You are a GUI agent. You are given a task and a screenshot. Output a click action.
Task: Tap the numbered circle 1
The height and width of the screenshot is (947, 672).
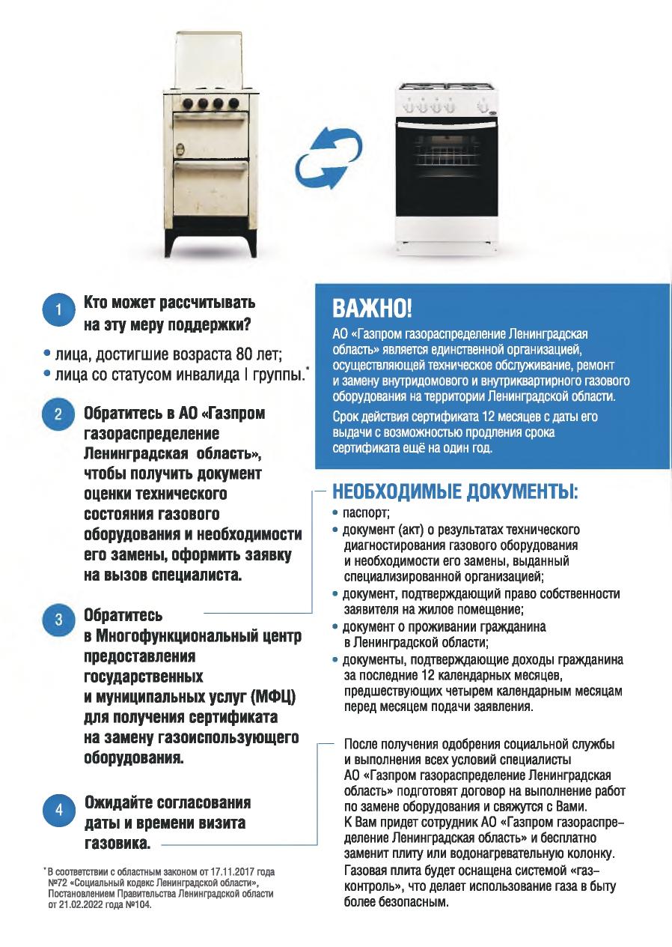click(59, 311)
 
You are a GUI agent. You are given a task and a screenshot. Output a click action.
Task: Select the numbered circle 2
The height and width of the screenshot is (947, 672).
click(59, 414)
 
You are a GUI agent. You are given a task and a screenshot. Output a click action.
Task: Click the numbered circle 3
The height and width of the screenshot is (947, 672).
click(59, 620)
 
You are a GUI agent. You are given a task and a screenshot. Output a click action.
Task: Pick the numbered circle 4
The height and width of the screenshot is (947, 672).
click(59, 811)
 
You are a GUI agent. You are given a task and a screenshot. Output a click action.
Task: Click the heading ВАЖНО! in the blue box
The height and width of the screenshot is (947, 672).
click(372, 308)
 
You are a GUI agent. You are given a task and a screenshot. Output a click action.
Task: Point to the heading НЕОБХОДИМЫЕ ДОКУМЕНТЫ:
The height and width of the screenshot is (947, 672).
click(455, 494)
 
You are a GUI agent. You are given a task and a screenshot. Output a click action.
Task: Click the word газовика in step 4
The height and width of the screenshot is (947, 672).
click(117, 843)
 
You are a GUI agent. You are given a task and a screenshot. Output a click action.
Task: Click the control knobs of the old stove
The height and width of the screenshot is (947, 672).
click(210, 103)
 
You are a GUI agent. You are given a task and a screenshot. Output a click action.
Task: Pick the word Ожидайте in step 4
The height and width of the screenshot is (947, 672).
click(123, 802)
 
